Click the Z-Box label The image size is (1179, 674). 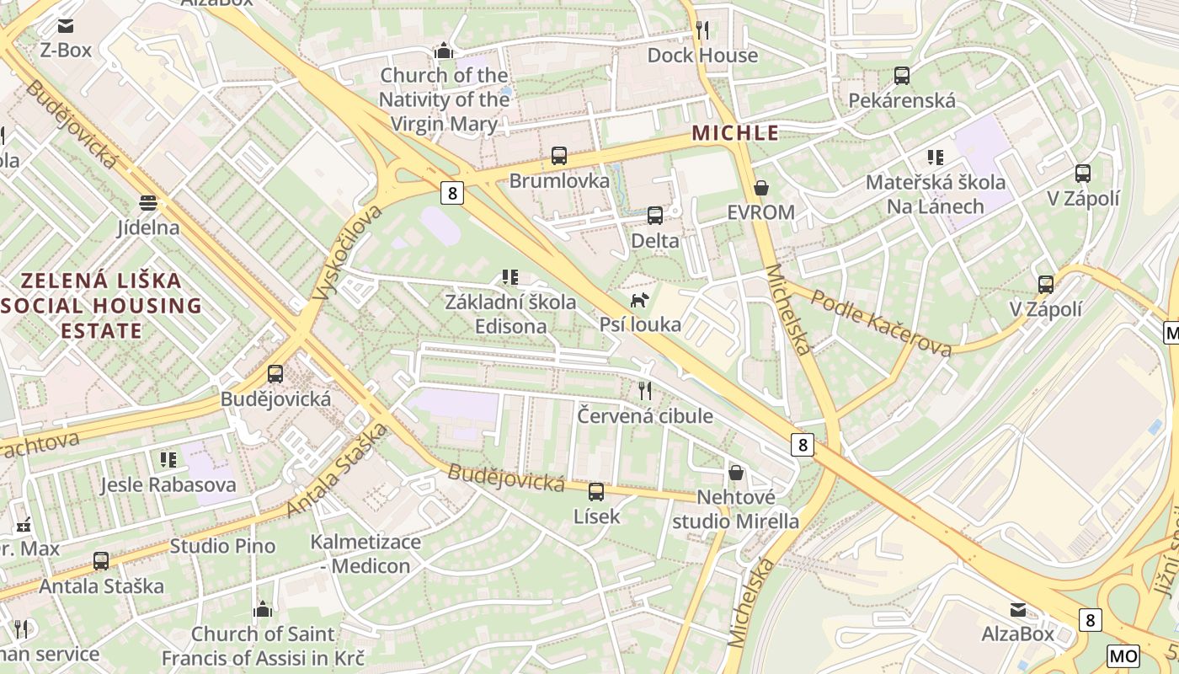[x=65, y=51]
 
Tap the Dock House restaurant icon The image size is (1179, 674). [x=702, y=30]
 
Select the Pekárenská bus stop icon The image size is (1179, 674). [x=902, y=76]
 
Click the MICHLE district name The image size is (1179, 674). [x=735, y=133]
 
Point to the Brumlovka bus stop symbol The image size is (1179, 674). [x=559, y=156]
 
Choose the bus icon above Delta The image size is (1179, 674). [x=655, y=216]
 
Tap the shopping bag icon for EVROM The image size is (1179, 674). [x=761, y=187]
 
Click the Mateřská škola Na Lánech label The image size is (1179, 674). [x=936, y=195]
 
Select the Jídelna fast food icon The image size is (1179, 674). [x=148, y=203]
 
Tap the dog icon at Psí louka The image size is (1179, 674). [x=640, y=300]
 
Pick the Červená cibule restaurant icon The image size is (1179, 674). [x=645, y=390]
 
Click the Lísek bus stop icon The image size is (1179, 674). [x=596, y=491]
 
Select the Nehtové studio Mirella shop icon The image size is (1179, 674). [x=736, y=473]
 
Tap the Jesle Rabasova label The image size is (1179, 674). [x=168, y=485]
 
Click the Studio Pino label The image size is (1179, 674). [x=222, y=546]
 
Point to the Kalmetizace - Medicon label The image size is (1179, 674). [x=365, y=554]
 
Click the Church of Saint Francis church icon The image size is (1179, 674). [x=263, y=609]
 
